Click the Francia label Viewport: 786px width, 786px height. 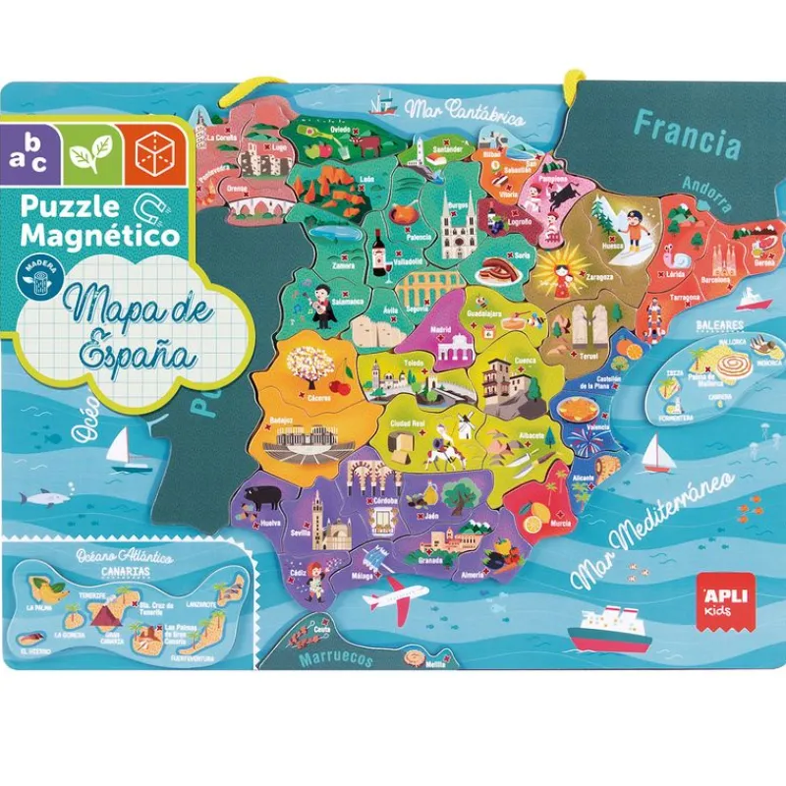[687, 135]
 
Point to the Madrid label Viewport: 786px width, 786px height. [440, 331]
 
